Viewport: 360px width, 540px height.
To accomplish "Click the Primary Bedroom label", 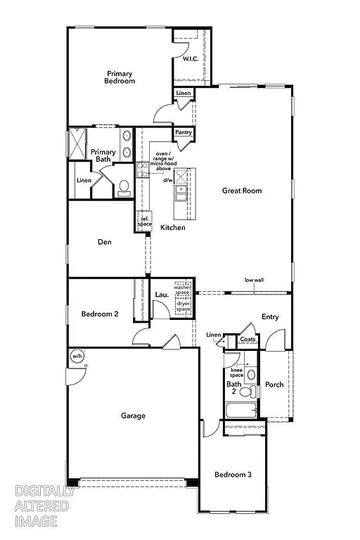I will (120, 77).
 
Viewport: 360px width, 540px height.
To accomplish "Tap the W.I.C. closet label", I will (190, 59).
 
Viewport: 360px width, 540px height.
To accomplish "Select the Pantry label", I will (184, 132).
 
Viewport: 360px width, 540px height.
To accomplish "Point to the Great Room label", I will (242, 190).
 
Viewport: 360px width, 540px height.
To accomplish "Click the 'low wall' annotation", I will (254, 280).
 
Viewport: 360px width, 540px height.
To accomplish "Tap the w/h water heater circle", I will (77, 356).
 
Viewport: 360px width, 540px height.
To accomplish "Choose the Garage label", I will (133, 416).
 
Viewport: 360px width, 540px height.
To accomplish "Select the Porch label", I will (274, 385).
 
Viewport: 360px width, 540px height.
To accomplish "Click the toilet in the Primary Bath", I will (124, 187).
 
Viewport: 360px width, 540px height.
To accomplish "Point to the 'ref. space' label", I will (144, 221).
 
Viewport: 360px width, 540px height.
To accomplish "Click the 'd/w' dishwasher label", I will (168, 180).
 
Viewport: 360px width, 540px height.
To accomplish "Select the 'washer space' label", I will (183, 289).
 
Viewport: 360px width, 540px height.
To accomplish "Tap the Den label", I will (105, 242).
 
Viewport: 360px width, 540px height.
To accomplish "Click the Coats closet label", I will (247, 340).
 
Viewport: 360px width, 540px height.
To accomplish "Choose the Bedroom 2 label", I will (99, 314).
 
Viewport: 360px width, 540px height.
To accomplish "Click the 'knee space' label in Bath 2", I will (236, 373).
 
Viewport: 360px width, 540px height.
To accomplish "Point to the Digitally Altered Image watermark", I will (42, 505).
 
